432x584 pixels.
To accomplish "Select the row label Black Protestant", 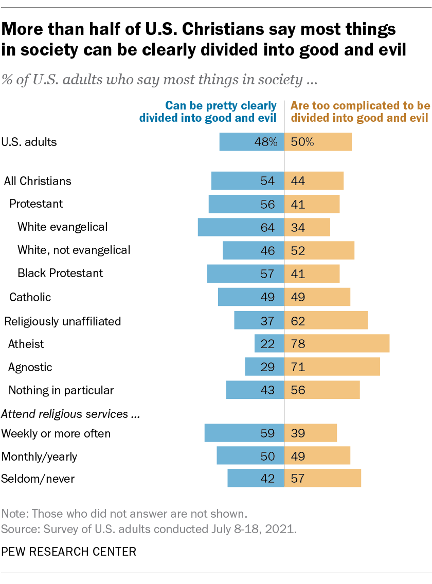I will pos(60,273).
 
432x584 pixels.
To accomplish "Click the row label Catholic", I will pos(30,297).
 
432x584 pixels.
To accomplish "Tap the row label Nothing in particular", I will pos(61,390).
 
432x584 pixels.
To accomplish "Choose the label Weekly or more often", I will pos(56,433).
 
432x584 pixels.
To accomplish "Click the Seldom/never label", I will pos(38,479).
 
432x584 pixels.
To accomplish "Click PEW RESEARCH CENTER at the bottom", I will pos(69,552).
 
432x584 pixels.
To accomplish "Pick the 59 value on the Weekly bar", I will pos(267,433).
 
